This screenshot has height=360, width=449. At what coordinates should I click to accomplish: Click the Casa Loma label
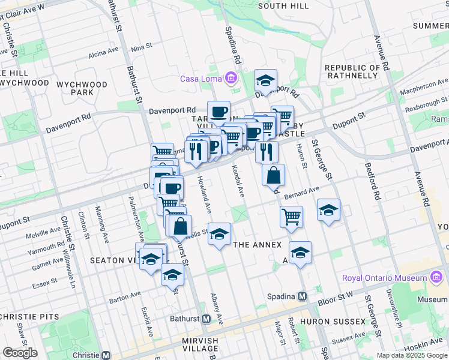(x=200, y=79)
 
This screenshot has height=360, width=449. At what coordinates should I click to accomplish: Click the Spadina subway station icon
(x=303, y=296)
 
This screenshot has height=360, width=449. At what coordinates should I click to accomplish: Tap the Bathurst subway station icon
(x=205, y=319)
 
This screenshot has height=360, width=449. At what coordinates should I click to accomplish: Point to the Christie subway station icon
(x=106, y=355)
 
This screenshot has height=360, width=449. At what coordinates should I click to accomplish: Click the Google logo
(x=20, y=353)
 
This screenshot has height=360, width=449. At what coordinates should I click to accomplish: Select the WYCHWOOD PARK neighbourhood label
(x=82, y=88)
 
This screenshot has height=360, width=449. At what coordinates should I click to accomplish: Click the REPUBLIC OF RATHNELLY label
(x=354, y=72)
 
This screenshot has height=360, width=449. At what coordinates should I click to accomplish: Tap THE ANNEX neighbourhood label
(x=257, y=245)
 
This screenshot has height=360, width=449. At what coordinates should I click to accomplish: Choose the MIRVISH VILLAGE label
(x=200, y=344)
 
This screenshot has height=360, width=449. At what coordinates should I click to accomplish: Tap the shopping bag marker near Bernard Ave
(x=273, y=175)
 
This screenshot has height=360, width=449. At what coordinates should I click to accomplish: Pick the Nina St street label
(x=142, y=47)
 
